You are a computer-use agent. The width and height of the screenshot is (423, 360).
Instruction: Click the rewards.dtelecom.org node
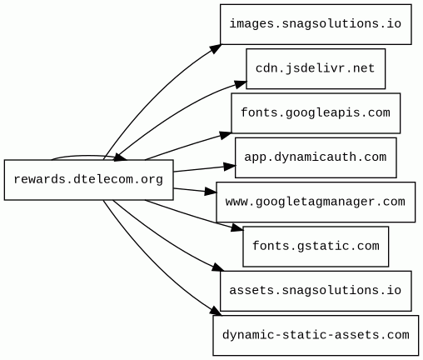89,180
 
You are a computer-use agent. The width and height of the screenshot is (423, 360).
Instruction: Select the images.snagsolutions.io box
316,24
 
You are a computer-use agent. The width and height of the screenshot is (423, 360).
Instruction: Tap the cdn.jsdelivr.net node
316,68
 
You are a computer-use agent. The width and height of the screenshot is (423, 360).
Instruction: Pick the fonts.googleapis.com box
316,113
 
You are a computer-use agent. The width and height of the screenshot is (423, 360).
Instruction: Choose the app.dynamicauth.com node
316,157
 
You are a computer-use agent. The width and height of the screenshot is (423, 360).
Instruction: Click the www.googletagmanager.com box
316,202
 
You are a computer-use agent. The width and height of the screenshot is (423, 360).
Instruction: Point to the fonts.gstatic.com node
316,247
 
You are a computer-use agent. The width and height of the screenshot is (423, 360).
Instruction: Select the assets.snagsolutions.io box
316,291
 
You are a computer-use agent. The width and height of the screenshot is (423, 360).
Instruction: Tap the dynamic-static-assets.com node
316,335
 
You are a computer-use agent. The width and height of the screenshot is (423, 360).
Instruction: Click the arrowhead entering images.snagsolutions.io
216,48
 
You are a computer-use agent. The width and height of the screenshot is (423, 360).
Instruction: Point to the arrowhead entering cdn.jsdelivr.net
240,84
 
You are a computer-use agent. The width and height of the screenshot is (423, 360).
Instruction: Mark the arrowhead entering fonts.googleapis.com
225,135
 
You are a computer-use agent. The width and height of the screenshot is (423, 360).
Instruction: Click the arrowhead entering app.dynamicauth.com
230,167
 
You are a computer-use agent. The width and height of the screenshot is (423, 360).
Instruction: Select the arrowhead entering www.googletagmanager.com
211,192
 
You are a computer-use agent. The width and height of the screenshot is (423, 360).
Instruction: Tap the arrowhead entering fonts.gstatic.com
237,228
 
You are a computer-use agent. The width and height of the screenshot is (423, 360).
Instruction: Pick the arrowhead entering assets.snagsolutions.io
217,267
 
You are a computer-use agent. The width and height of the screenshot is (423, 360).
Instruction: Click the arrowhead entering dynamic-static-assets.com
216,312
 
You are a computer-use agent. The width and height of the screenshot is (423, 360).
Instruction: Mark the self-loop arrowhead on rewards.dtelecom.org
120,158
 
